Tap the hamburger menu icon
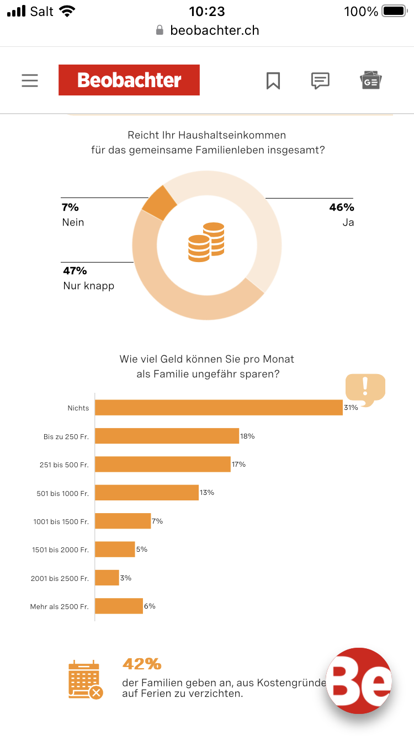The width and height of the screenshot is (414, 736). pyautogui.click(x=30, y=81)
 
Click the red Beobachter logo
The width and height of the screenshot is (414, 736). pyautogui.click(x=129, y=80)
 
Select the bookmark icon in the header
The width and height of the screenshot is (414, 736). pyautogui.click(x=273, y=81)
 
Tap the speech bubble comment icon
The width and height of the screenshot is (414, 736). pyautogui.click(x=320, y=81)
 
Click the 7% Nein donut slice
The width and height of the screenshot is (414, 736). pyautogui.click(x=159, y=202)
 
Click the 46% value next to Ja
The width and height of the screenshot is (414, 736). pyautogui.click(x=341, y=207)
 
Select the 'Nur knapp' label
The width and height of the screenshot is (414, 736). pyautogui.click(x=88, y=286)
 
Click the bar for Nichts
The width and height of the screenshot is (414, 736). pyautogui.click(x=219, y=408)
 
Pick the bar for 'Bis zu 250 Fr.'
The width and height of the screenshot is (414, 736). pyautogui.click(x=167, y=436)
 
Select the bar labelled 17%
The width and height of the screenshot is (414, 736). pyautogui.click(x=162, y=464)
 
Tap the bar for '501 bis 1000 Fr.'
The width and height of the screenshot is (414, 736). pyautogui.click(x=147, y=492)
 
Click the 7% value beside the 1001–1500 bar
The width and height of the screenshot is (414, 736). pyautogui.click(x=157, y=521)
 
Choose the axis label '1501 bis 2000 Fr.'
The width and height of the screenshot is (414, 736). pyautogui.click(x=60, y=550)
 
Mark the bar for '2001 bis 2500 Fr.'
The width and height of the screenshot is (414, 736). pyautogui.click(x=107, y=578)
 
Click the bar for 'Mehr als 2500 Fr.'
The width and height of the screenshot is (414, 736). pyautogui.click(x=119, y=606)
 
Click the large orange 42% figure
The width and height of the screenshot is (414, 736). pyautogui.click(x=142, y=664)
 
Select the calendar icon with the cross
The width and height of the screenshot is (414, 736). pyautogui.click(x=85, y=680)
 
